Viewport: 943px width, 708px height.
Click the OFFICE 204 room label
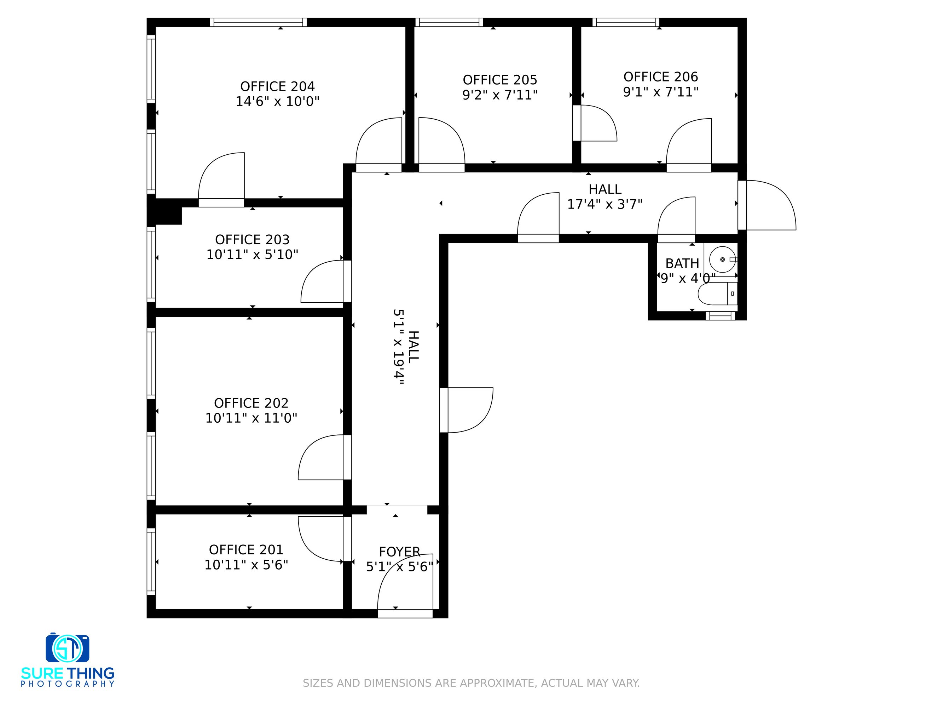[278, 87]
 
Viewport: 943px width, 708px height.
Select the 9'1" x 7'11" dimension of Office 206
[661, 92]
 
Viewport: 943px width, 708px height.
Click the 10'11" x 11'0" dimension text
[251, 418]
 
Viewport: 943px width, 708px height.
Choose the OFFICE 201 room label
[246, 549]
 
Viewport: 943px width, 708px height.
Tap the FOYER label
[399, 552]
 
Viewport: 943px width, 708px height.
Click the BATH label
[682, 263]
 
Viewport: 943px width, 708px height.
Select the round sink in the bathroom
[723, 259]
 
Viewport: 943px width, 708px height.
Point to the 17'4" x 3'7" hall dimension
[604, 204]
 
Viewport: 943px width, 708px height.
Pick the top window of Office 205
[449, 22]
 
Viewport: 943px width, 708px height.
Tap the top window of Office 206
[626, 22]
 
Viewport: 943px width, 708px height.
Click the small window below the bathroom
[721, 316]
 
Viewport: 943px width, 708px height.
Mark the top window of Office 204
[258, 22]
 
